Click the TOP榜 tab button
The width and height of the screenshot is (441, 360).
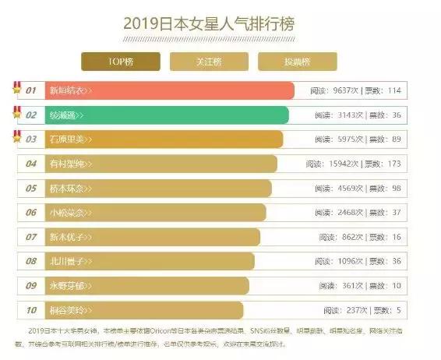coord(121,62)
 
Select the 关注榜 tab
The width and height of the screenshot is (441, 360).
coord(210,62)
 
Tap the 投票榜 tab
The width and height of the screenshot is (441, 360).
coord(298,62)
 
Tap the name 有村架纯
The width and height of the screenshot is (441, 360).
coord(67,164)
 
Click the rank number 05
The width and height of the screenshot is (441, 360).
coord(31,189)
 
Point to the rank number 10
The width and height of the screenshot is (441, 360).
coord(31,310)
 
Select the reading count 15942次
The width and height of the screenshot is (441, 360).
coord(344,164)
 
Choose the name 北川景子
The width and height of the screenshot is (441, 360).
coord(67,262)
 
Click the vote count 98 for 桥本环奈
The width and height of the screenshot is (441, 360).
coord(396,189)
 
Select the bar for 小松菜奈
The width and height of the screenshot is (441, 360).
coord(156,213)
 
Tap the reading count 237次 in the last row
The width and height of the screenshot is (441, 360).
coord(352,310)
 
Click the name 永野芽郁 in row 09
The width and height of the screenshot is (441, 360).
coord(67,286)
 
